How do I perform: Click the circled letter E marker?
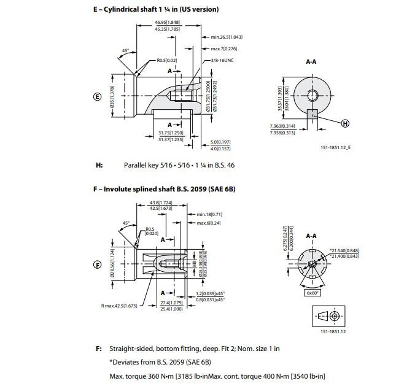tap(96, 96)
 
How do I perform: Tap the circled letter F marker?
tap(96, 264)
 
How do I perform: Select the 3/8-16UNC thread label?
tap(222, 60)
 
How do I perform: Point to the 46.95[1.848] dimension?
tap(154, 23)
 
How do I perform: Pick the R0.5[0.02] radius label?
tap(166, 60)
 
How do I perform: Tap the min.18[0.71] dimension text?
tap(209, 214)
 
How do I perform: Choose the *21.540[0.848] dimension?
tap(345, 250)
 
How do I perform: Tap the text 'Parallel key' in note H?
tap(142, 165)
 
